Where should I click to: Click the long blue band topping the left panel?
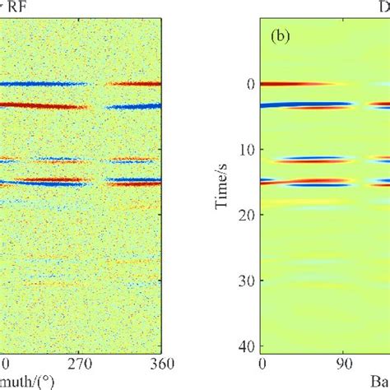(x=41, y=84)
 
